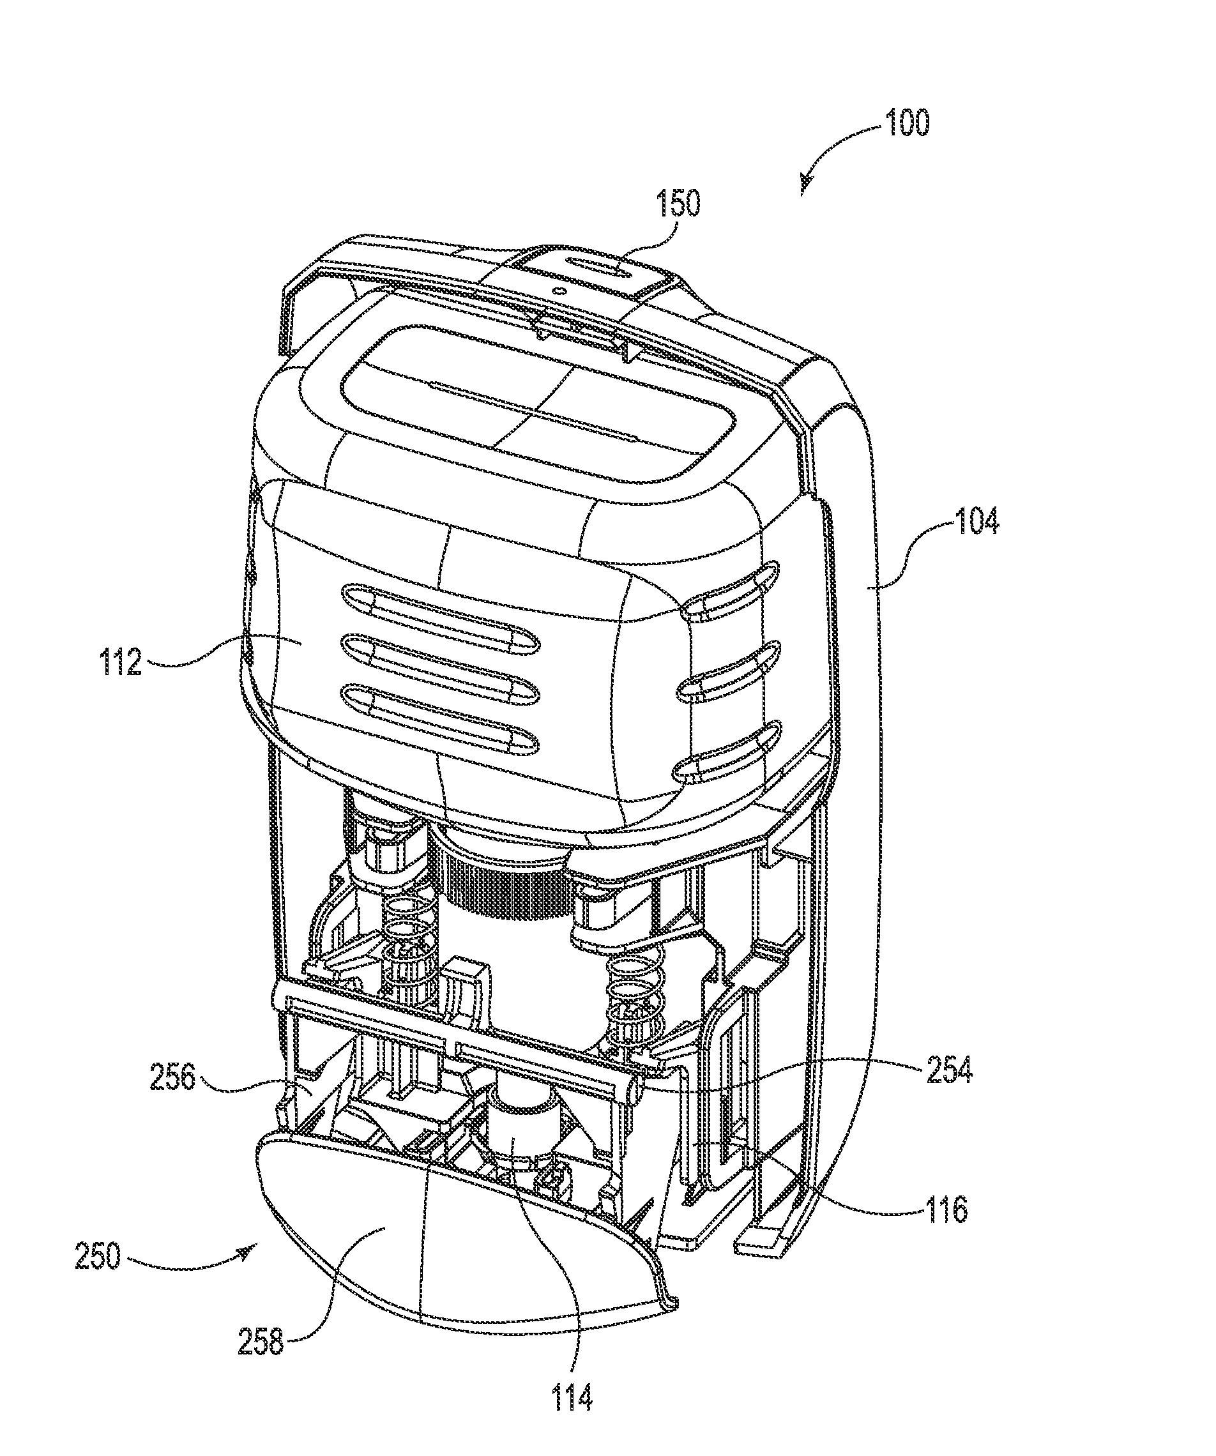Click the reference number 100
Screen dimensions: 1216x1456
pos(907,123)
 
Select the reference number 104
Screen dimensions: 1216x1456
pos(976,520)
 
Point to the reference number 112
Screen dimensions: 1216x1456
pos(121,662)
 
